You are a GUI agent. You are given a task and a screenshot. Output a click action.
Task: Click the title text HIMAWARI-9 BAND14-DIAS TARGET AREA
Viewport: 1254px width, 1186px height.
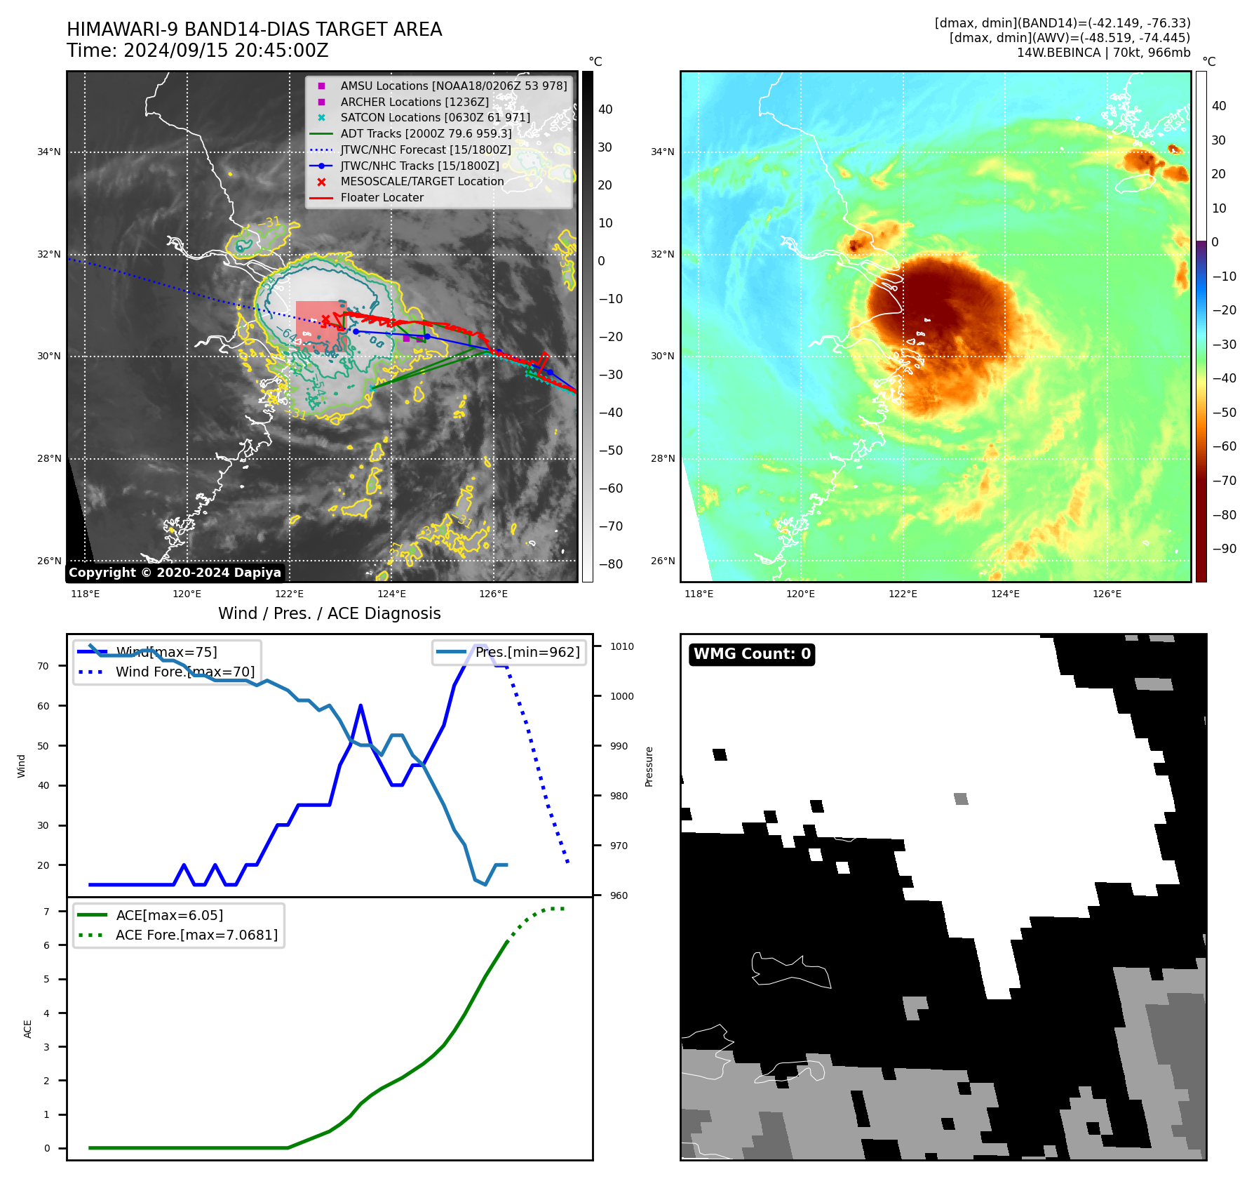(x=254, y=29)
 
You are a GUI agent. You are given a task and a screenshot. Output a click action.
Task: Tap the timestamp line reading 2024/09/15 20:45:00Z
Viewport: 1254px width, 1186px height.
(x=198, y=51)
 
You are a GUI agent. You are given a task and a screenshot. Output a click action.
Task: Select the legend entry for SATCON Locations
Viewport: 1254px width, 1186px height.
(x=435, y=118)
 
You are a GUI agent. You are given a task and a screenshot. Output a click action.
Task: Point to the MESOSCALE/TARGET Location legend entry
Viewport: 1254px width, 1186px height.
(x=422, y=182)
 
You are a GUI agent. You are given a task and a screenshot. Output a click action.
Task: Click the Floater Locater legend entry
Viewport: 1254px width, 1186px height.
(x=382, y=198)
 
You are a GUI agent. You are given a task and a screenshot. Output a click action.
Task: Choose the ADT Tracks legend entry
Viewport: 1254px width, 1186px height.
(x=426, y=134)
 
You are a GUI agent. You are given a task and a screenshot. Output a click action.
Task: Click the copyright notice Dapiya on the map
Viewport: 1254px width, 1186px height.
(x=175, y=573)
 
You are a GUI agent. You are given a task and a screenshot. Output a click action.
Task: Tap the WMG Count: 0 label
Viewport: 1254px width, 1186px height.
(x=752, y=654)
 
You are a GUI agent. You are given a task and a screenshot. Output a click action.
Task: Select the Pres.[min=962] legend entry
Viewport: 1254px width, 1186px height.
(x=527, y=653)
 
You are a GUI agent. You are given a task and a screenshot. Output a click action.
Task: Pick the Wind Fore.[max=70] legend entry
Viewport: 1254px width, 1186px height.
(x=184, y=672)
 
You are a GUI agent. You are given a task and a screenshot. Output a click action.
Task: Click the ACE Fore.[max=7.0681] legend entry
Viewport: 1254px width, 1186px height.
(x=196, y=935)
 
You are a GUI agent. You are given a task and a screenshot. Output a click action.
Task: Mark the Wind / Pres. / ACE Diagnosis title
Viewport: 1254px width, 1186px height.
(x=329, y=614)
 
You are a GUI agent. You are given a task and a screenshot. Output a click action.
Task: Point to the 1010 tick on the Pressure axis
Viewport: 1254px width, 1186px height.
(x=621, y=647)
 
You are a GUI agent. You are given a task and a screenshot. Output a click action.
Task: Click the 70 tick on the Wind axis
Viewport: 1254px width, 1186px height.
(x=43, y=666)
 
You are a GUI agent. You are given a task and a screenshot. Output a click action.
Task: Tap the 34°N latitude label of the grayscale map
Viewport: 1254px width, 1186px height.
(x=49, y=152)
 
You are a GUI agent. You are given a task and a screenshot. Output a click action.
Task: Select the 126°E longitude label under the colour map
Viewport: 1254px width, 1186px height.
(x=1107, y=594)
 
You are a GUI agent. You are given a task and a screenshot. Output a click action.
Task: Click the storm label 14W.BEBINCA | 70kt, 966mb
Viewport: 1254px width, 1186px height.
(x=1103, y=53)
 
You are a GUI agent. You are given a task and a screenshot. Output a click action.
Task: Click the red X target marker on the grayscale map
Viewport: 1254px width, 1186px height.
(x=325, y=320)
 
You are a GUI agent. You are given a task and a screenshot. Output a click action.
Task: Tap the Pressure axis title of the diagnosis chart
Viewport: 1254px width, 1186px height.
(x=649, y=766)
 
